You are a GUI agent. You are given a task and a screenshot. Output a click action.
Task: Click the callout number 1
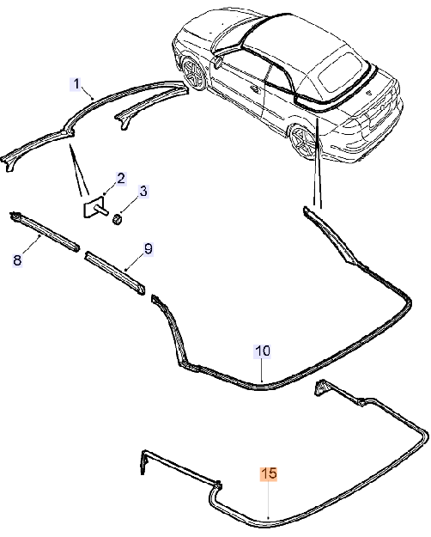click(x=76, y=84)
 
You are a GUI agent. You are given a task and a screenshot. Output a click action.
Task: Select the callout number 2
click(x=121, y=179)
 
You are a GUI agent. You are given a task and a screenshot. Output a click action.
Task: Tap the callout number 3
click(x=143, y=191)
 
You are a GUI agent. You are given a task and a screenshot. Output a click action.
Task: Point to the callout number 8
click(x=17, y=260)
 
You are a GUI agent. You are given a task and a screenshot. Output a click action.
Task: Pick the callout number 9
click(x=148, y=248)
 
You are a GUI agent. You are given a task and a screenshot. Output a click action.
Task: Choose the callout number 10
click(x=263, y=351)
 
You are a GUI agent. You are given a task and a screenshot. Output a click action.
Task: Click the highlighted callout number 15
click(x=269, y=473)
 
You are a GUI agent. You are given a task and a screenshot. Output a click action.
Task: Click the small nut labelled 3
click(x=117, y=219)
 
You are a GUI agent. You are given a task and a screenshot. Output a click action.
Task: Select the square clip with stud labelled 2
click(x=94, y=206)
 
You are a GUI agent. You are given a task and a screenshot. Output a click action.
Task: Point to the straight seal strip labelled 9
click(x=115, y=273)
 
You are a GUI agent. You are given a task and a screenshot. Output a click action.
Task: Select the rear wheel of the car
click(x=304, y=141)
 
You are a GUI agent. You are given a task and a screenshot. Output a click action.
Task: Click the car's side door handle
click(x=255, y=89)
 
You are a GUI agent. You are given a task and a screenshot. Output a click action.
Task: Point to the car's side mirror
click(x=218, y=61)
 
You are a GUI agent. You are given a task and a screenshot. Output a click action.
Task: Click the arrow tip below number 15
click(x=269, y=520)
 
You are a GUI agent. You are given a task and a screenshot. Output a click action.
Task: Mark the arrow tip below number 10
click(x=262, y=381)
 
